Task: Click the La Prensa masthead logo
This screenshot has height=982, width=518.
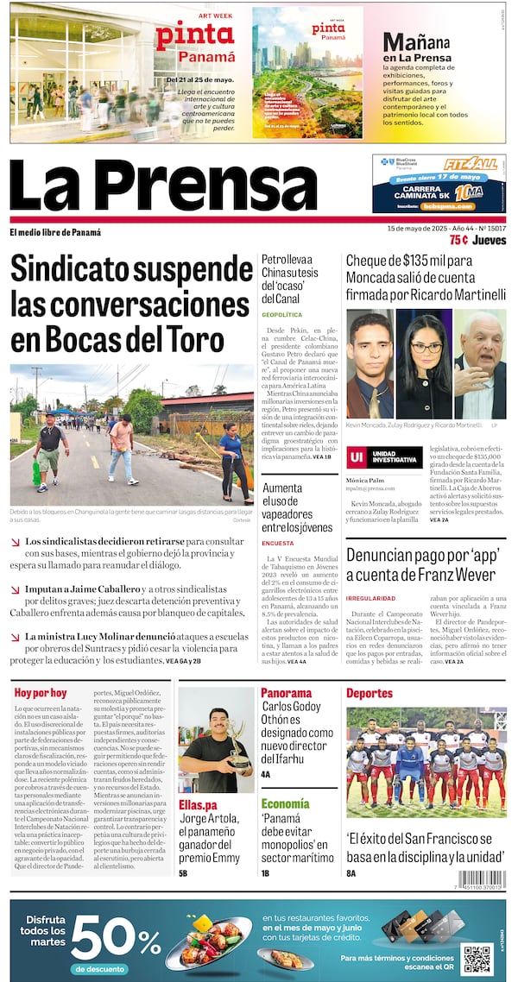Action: click(164, 187)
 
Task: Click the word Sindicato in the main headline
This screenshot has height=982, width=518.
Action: click(84, 269)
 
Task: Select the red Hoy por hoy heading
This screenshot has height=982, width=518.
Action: click(41, 693)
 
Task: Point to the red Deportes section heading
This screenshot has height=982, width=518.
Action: click(370, 693)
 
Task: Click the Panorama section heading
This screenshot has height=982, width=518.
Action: click(286, 693)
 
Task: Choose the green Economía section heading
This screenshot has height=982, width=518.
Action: click(286, 803)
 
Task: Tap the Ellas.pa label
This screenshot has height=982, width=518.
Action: click(197, 805)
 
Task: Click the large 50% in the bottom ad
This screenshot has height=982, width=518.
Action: click(115, 938)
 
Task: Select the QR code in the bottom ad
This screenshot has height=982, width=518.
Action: click(477, 959)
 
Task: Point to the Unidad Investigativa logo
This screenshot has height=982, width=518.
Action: click(384, 457)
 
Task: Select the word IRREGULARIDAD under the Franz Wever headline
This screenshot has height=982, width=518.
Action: click(370, 598)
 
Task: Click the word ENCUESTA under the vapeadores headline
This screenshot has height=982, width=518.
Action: click(277, 543)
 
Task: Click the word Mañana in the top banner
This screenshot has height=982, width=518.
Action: click(416, 42)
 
